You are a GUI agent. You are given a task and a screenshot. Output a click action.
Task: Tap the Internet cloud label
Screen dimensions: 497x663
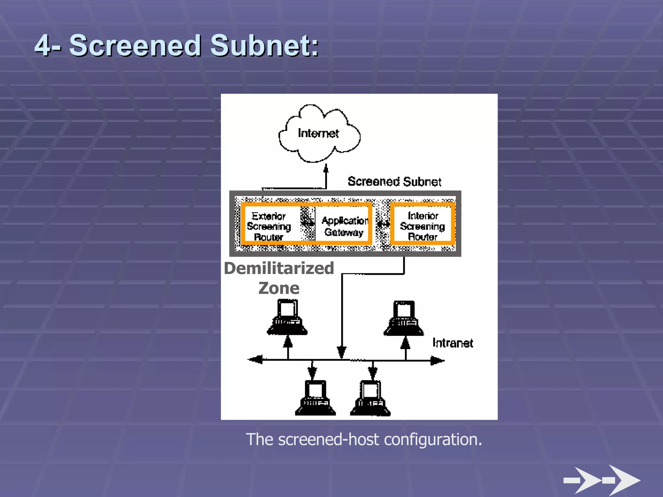pyautogui.click(x=318, y=133)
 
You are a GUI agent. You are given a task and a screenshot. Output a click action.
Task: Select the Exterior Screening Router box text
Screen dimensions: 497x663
pyautogui.click(x=269, y=226)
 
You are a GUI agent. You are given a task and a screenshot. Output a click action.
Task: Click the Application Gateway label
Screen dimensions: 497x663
pyautogui.click(x=344, y=226)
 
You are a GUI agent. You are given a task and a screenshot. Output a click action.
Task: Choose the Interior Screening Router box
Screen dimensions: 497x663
pyautogui.click(x=422, y=226)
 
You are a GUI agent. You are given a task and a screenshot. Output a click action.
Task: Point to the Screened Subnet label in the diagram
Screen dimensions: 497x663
pyautogui.click(x=394, y=182)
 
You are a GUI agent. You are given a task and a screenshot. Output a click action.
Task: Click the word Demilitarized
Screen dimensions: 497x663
pyautogui.click(x=279, y=268)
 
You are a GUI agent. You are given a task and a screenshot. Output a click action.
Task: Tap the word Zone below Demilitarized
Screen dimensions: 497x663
pyautogui.click(x=279, y=288)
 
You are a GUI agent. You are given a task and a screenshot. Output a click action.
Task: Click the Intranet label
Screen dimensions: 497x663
pyautogui.click(x=453, y=343)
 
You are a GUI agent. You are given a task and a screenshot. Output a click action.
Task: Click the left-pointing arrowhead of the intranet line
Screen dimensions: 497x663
pyautogui.click(x=255, y=359)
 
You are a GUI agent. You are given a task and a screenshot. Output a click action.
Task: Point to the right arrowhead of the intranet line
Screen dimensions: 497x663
pyautogui.click(x=437, y=360)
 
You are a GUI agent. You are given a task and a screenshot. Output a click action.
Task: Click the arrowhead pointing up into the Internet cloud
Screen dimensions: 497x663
pyautogui.click(x=326, y=168)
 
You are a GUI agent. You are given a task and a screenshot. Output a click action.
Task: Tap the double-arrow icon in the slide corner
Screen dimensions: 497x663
pyautogui.click(x=602, y=480)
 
